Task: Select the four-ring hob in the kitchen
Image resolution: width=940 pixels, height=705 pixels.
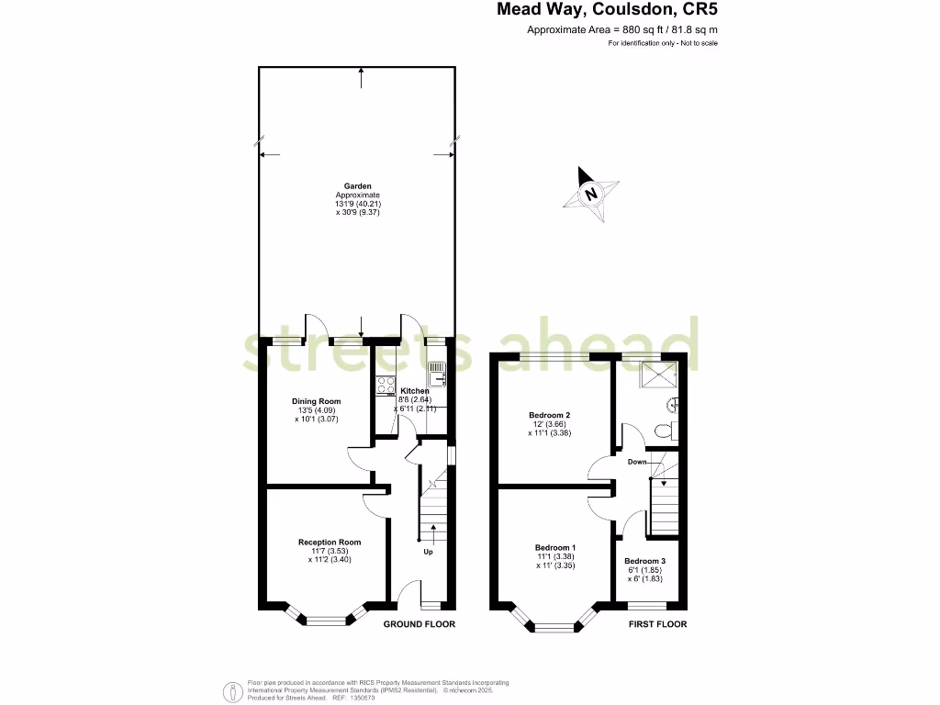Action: pos(385,386)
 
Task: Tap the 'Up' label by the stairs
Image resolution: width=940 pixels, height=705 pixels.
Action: pos(428,552)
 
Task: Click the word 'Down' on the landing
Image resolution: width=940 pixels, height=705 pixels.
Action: pos(638,462)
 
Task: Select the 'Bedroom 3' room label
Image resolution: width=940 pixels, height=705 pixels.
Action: pos(643,561)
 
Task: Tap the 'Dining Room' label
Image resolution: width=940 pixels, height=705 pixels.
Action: pos(317,401)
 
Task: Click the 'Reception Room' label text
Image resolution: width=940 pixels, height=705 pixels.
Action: pos(330,542)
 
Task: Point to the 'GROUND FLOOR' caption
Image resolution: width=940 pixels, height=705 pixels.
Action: pos(419,624)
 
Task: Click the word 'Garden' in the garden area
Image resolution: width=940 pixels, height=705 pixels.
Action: pos(358,185)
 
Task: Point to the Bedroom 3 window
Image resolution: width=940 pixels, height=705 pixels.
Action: pos(647,605)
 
